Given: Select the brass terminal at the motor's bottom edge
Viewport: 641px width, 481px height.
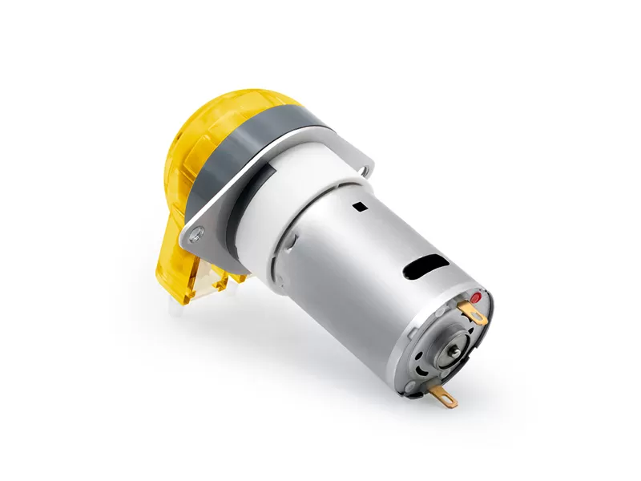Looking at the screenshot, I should pos(441,396).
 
